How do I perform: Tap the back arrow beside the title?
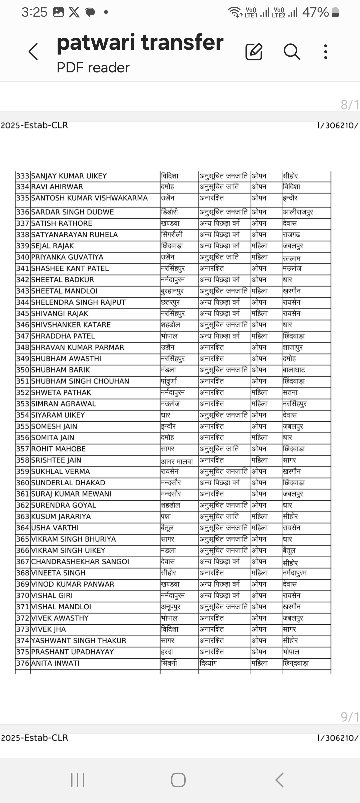(33, 52)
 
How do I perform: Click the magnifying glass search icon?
(292, 52)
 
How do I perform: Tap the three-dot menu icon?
(326, 52)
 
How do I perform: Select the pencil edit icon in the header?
(254, 52)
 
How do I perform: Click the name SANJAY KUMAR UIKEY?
(69, 176)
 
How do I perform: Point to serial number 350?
(23, 370)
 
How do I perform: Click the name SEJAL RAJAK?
(53, 246)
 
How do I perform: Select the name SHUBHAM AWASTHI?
(66, 358)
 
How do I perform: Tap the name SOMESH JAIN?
(54, 426)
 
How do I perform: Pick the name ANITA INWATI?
(55, 663)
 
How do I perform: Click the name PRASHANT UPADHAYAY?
(72, 652)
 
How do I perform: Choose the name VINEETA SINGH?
(58, 573)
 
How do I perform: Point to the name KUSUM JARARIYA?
(61, 516)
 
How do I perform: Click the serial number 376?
(23, 663)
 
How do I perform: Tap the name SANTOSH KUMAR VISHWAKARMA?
(89, 198)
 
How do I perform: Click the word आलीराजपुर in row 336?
(298, 212)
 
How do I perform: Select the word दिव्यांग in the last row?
(208, 663)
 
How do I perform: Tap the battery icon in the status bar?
(335, 12)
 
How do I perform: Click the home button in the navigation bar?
(178, 780)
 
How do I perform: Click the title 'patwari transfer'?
(140, 42)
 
